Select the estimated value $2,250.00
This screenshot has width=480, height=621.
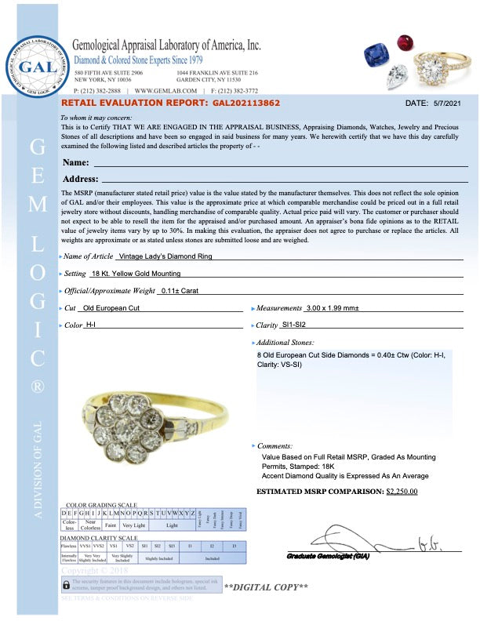pyautogui.click(x=402, y=492)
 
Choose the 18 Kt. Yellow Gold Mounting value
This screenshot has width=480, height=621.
pyautogui.click(x=136, y=274)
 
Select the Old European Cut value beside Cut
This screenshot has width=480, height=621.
pyautogui.click(x=113, y=308)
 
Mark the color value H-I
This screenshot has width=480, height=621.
pyautogui.click(x=91, y=325)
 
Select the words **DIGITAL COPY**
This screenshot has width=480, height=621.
pyautogui.click(x=265, y=586)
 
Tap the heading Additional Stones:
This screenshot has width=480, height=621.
pyautogui.click(x=285, y=343)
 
